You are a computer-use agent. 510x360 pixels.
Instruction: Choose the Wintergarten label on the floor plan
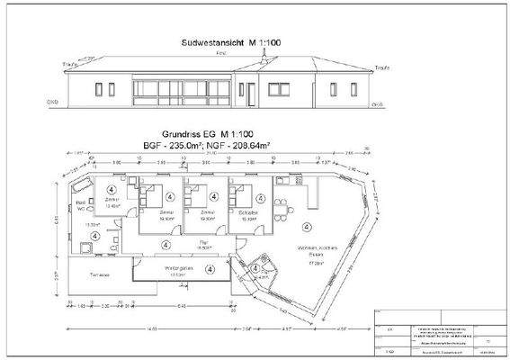(171, 269)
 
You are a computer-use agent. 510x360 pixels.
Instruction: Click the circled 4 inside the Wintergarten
(209, 268)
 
